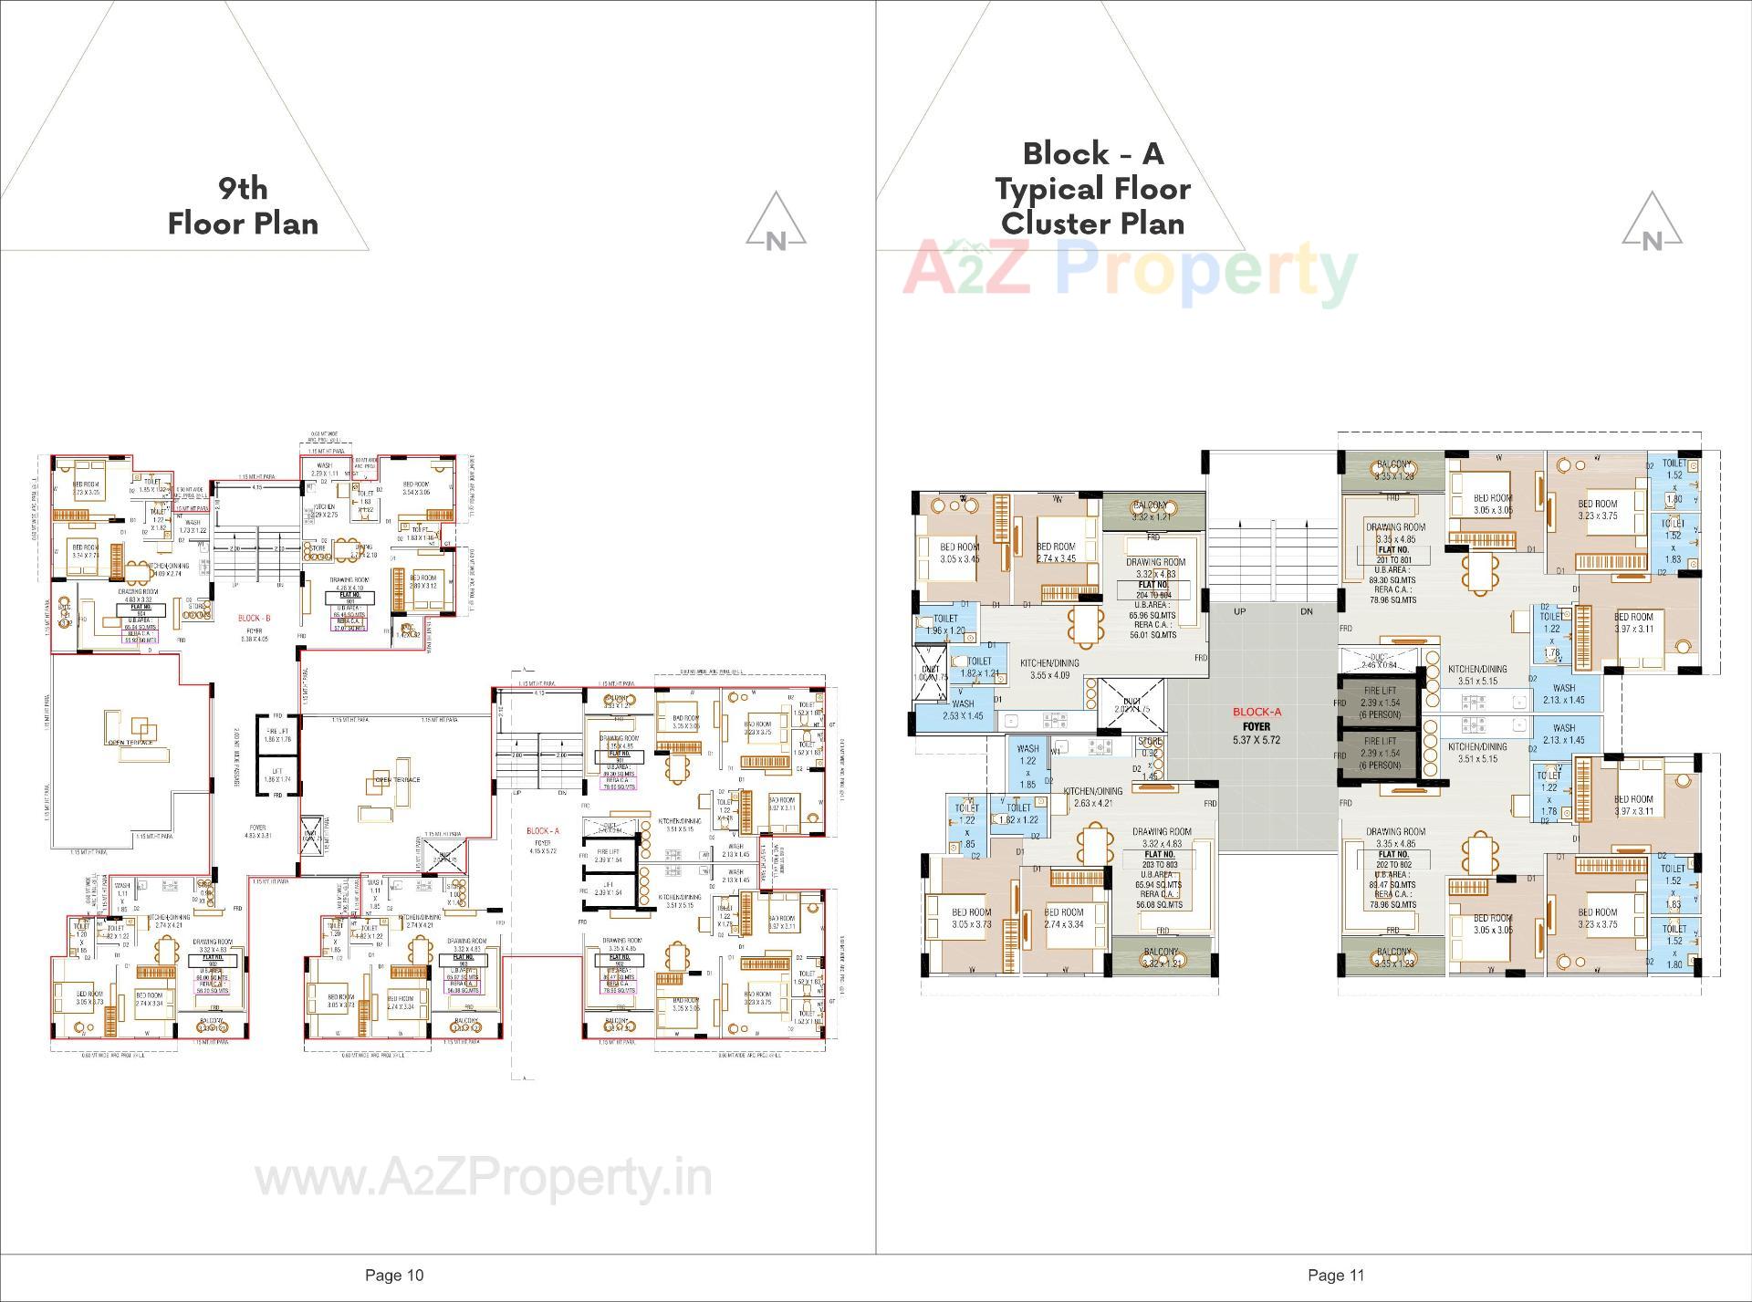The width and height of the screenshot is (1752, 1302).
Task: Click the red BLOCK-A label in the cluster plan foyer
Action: [x=1257, y=712]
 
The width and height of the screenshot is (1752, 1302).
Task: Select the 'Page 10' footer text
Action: [x=394, y=1275]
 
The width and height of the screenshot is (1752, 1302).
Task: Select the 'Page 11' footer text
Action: [x=1335, y=1275]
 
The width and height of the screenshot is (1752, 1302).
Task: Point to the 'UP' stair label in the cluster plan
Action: [x=1239, y=611]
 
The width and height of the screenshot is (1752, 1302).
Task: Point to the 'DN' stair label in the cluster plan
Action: [x=1306, y=611]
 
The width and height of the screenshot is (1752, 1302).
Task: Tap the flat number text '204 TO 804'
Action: [x=1153, y=595]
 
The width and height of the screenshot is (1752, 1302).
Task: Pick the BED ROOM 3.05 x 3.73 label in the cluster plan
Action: [x=971, y=918]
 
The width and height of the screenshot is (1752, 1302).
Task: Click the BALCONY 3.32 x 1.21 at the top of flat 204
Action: [x=1152, y=511]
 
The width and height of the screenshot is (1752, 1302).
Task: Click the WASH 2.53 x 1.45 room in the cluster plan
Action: [x=963, y=710]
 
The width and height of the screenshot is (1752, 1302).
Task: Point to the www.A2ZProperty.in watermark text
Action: [x=483, y=1178]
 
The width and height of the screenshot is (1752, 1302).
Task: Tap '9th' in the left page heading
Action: [x=243, y=188]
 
